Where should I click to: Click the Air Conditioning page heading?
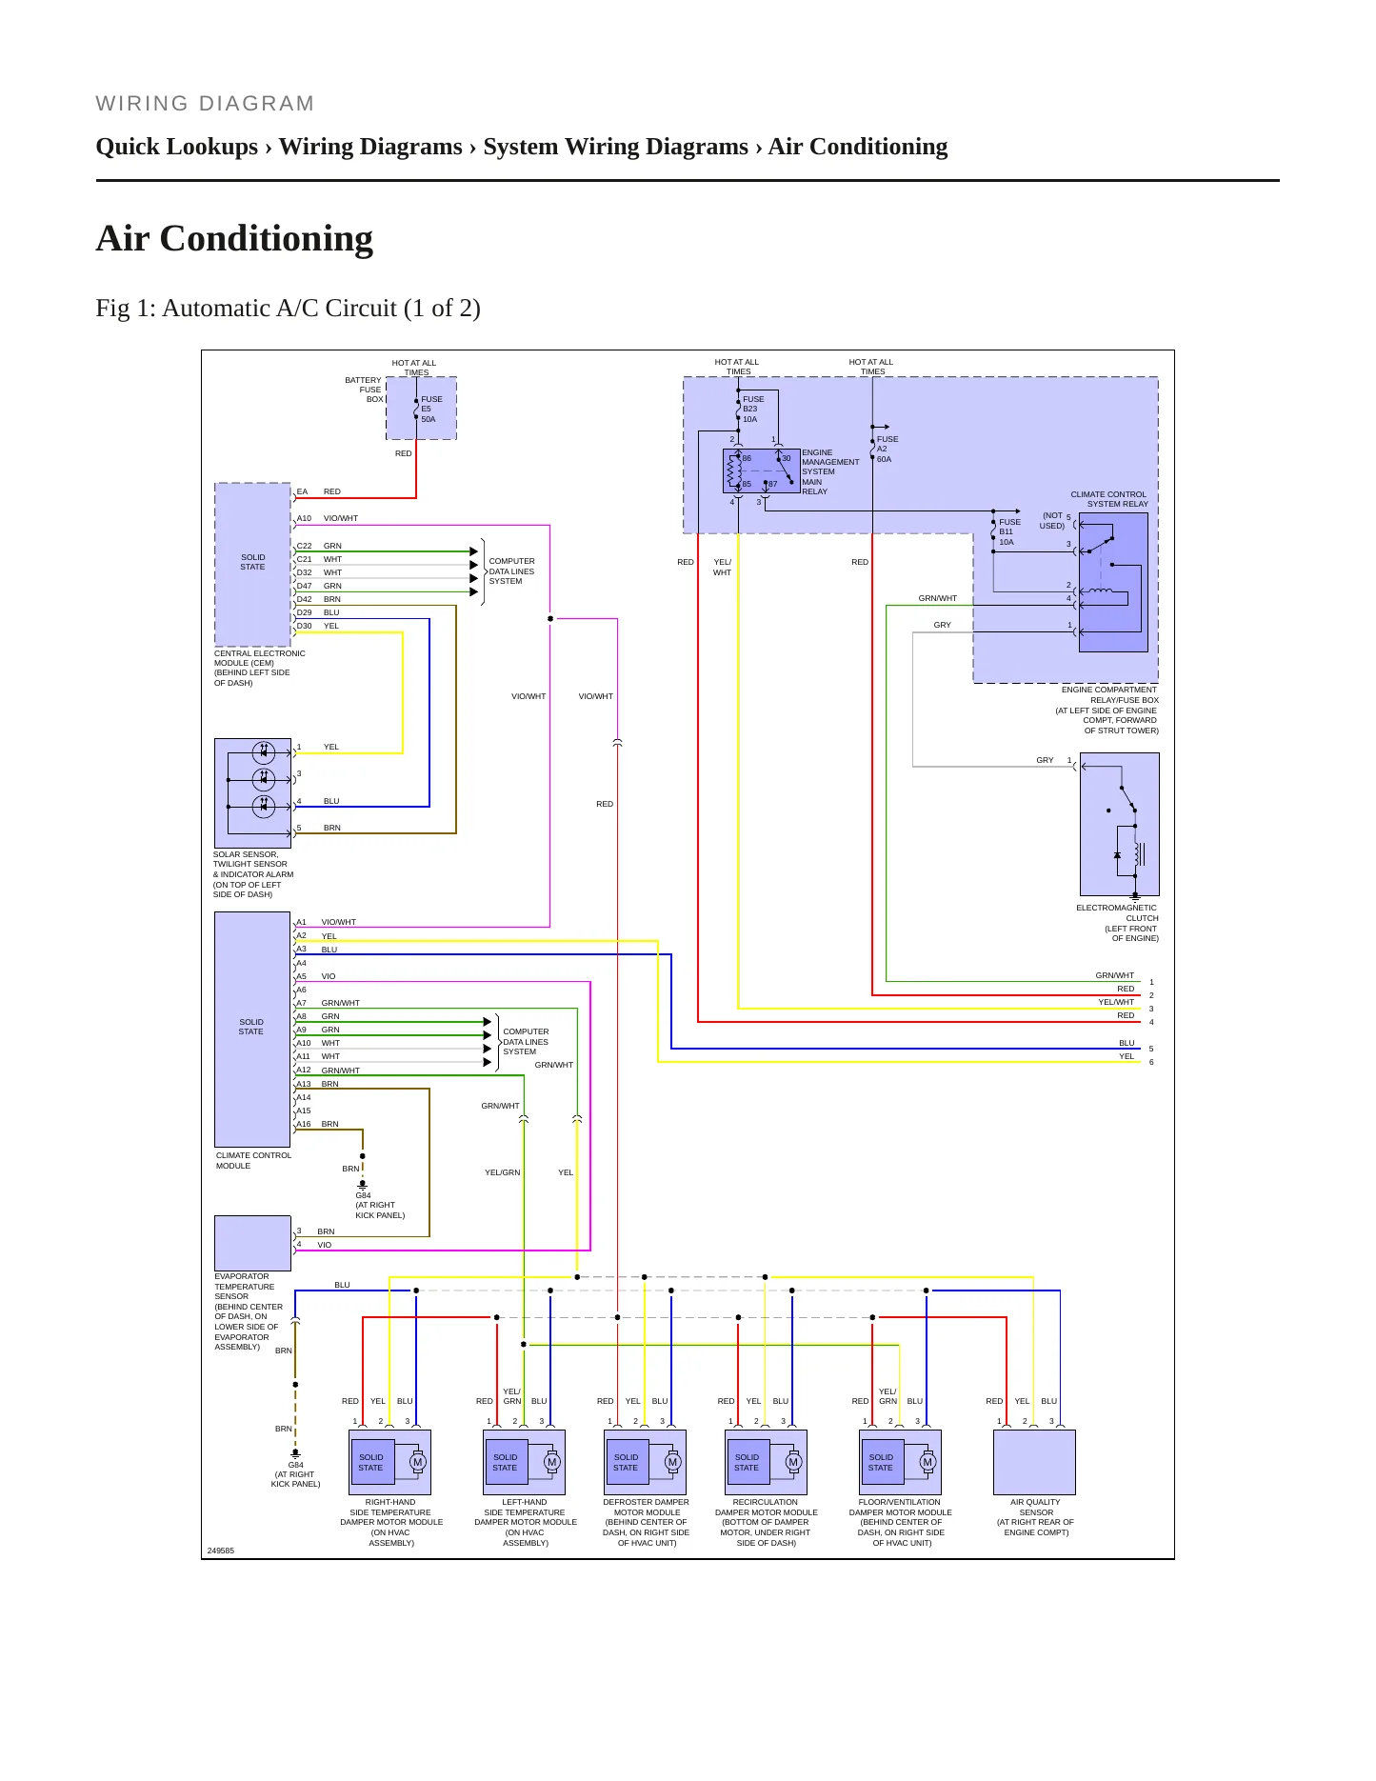234,238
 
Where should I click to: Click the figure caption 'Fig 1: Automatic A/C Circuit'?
288,308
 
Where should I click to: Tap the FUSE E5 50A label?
431,410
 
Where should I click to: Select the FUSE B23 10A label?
753,410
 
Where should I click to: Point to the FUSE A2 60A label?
887,450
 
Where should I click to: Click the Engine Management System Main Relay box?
761,470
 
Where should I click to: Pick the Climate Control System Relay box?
1113,582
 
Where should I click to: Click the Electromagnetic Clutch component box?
1120,824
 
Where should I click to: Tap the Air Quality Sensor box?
1034,1462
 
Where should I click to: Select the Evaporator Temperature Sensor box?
252,1243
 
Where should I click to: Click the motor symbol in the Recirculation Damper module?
792,1462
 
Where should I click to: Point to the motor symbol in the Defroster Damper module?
672,1462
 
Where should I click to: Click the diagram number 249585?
220,1551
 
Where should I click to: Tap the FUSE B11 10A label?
1009,532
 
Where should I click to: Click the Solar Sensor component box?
252,792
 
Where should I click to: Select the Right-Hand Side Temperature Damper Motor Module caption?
391,1522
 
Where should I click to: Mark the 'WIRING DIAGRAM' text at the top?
205,104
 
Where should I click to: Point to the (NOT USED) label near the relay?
1052,521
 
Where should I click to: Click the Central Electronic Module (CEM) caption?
259,668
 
